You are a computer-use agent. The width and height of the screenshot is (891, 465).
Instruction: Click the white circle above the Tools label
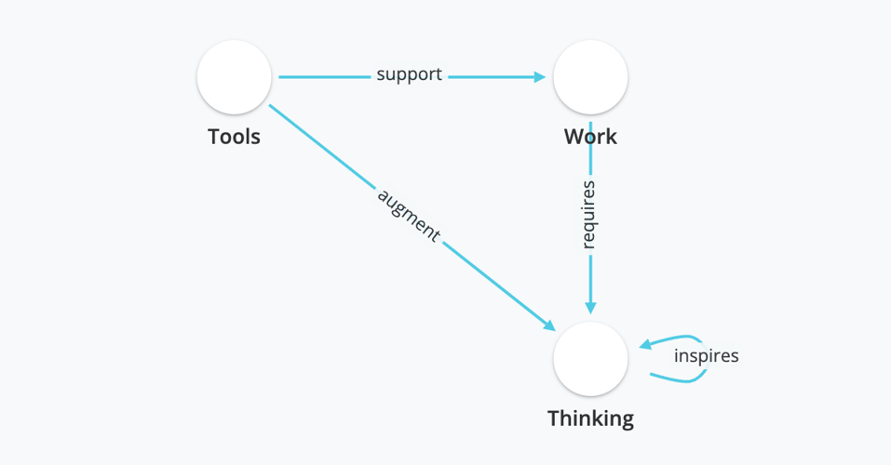coord(234,77)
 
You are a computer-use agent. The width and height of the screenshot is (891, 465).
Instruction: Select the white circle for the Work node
coord(590,77)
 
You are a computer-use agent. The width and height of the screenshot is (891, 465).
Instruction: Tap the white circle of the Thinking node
coord(590,359)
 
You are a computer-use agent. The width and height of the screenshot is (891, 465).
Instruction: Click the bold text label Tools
coord(234,137)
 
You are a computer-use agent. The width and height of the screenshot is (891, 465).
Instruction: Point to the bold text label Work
coord(590,137)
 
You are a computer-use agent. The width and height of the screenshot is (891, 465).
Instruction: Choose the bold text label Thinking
coord(590,418)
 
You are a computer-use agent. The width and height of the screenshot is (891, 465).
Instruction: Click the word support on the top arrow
coord(409,74)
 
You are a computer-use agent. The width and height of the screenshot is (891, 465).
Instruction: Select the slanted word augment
coord(408,216)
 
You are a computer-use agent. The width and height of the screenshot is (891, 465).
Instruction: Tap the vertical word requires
coord(588,215)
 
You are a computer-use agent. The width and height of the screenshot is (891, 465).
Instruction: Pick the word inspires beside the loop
coord(706,355)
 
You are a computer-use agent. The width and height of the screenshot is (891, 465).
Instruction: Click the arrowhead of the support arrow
coord(540,77)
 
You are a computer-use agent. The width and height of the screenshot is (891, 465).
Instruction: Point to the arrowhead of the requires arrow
coord(590,309)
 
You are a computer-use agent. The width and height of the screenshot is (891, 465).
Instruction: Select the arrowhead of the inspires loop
coord(644,345)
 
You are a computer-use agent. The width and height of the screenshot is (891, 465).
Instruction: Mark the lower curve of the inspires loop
coord(680,379)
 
